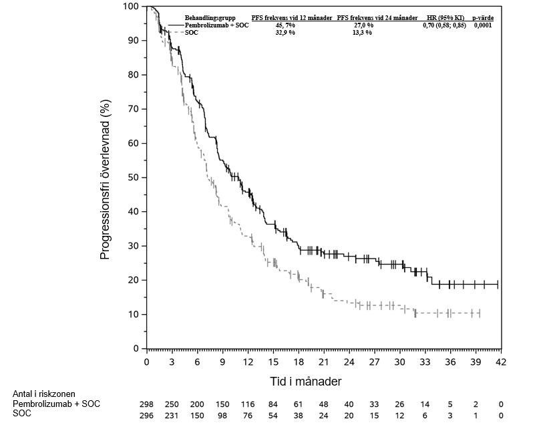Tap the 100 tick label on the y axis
pyautogui.click(x=132, y=7)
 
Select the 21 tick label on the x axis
pyautogui.click(x=324, y=362)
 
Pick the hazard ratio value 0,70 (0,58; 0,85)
pyautogui.click(x=445, y=25)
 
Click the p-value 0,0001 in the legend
pyautogui.click(x=483, y=25)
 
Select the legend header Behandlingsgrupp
pyautogui.click(x=208, y=17)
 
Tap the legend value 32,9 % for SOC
pyautogui.click(x=285, y=32)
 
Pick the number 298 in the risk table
pyautogui.click(x=147, y=404)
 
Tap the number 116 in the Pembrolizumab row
pyautogui.click(x=248, y=404)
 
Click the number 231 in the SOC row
pyautogui.click(x=172, y=414)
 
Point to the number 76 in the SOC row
pyautogui.click(x=248, y=414)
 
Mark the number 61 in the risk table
pyautogui.click(x=299, y=404)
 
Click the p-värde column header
pyautogui.click(x=483, y=17)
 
